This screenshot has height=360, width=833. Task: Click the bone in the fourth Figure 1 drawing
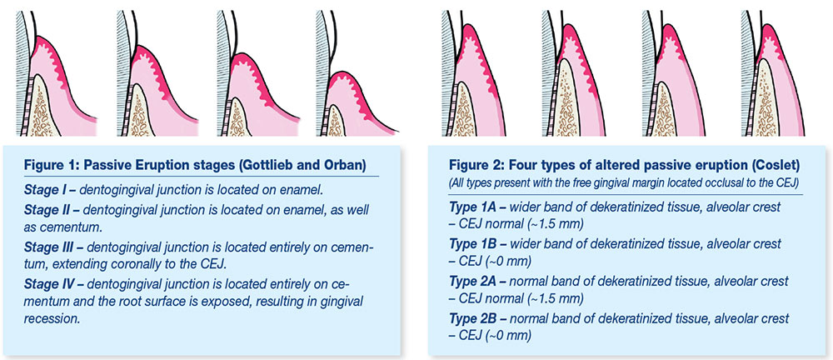335,120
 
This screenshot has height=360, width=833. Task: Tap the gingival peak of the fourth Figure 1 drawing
337,75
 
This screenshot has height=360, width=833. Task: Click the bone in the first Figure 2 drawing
464,112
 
